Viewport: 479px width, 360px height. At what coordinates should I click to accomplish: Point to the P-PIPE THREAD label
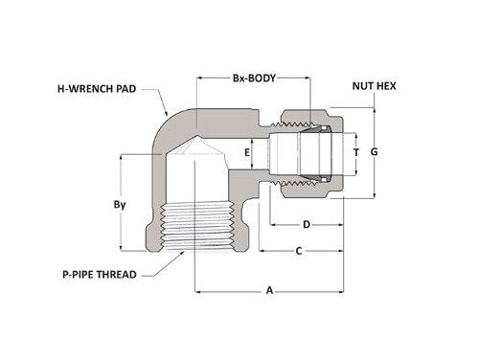(x=83, y=274)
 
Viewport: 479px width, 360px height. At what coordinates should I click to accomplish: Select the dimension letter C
(x=300, y=251)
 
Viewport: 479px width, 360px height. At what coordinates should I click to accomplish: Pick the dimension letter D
(x=306, y=225)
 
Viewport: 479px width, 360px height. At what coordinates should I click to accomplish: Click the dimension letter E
(x=247, y=152)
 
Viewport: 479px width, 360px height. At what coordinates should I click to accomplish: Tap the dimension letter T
(x=356, y=152)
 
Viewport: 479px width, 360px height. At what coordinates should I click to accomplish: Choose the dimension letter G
(x=375, y=152)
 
